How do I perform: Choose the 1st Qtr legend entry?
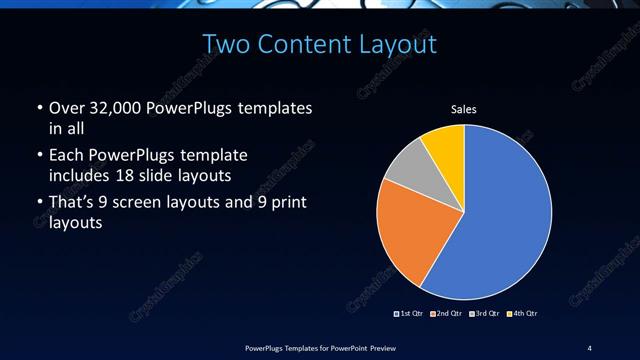(410, 314)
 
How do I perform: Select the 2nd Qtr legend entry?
(447, 314)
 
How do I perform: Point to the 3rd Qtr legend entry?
(485, 314)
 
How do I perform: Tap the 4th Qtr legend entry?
(523, 314)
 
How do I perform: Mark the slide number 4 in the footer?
(590, 348)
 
